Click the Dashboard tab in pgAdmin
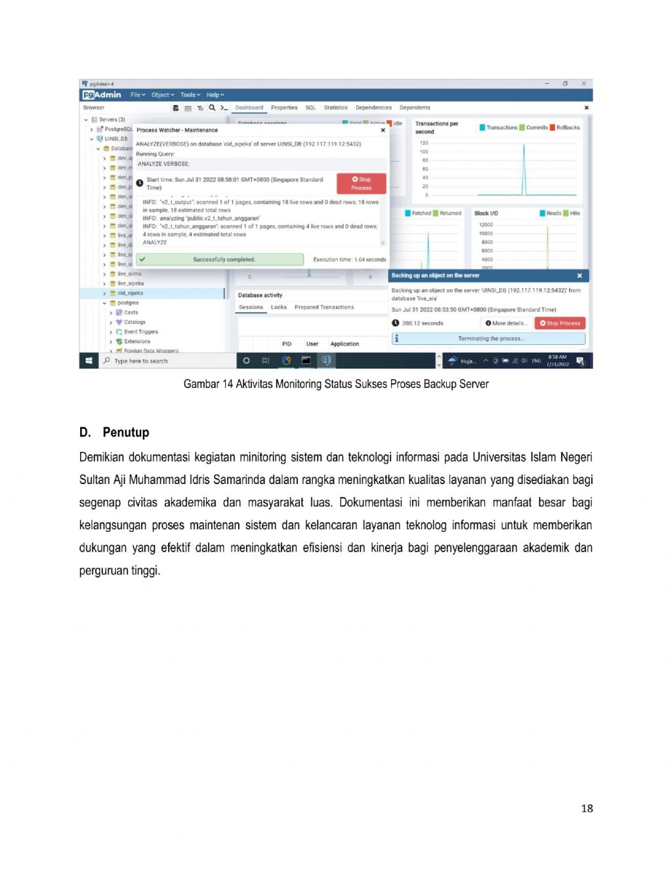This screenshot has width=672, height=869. (249, 108)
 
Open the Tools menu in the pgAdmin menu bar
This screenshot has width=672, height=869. (190, 95)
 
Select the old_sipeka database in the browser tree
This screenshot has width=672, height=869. (130, 293)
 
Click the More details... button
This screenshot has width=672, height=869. (507, 323)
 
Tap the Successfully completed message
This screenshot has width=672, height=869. (223, 260)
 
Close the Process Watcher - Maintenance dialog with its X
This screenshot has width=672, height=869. (383, 130)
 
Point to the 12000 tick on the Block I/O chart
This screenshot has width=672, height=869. (486, 225)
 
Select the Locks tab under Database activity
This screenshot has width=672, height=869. (279, 307)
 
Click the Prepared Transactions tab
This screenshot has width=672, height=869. (324, 307)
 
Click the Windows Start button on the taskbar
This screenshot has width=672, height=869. (89, 361)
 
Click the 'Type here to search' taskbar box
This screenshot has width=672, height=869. (141, 361)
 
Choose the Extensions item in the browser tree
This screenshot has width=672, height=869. (137, 341)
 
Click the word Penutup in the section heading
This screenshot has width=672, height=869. (126, 432)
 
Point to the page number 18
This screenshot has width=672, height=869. (587, 808)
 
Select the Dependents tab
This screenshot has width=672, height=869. (415, 108)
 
